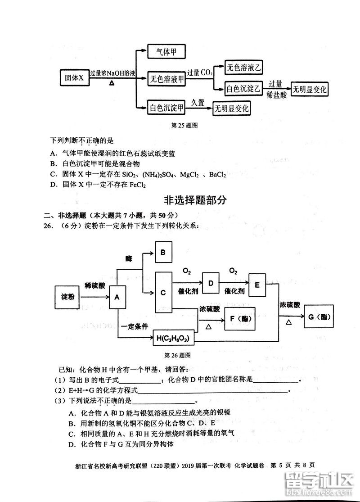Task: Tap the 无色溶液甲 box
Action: coord(166,80)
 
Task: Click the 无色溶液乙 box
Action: coord(243,68)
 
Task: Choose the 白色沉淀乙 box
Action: coord(243,89)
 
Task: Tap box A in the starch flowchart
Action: coord(117,297)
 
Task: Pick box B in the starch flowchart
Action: coord(163,253)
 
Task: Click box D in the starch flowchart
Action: coord(210,284)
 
